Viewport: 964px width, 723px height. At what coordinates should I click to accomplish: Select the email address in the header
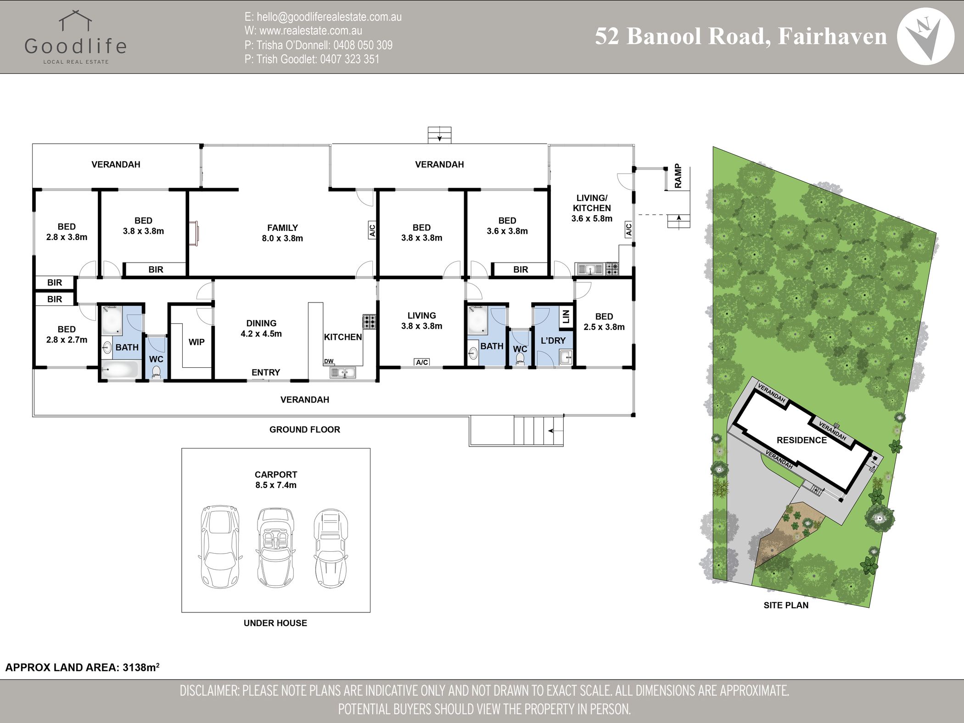point(323,17)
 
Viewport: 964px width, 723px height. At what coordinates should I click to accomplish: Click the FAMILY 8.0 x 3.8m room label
point(282,233)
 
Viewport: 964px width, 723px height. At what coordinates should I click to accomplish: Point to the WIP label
point(196,342)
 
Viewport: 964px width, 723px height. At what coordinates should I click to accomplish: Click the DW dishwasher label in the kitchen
point(329,361)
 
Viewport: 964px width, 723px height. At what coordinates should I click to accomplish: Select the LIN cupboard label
point(566,316)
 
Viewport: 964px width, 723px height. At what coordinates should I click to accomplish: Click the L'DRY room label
point(553,341)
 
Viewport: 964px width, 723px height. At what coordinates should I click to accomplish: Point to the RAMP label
point(678,176)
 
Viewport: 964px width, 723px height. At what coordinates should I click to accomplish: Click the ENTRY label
point(266,372)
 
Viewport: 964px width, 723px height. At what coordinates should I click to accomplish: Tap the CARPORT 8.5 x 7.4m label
point(276,480)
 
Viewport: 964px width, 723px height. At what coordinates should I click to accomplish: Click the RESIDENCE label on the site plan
point(801,440)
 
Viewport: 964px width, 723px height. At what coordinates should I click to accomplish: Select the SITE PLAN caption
point(786,605)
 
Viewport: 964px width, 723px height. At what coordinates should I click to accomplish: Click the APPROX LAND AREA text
point(82,667)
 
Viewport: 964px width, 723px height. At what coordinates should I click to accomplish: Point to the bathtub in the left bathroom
point(120,370)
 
